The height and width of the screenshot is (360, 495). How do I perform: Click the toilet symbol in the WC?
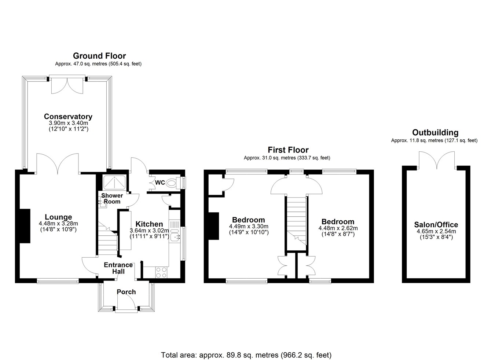[173, 183]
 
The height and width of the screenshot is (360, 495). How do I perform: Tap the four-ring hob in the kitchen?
[161, 272]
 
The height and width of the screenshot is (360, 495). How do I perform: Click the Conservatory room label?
[68, 117]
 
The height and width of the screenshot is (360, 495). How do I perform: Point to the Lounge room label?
[58, 217]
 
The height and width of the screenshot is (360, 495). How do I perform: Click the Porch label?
[126, 292]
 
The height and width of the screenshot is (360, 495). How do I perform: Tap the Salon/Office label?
[436, 224]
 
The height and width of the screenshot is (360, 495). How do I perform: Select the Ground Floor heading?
[99, 56]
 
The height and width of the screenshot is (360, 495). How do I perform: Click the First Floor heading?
[288, 150]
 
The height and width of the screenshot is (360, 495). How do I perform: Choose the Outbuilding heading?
[435, 132]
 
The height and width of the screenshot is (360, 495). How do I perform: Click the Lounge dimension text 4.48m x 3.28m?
[58, 223]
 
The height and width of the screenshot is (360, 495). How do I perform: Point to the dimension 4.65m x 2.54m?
[436, 231]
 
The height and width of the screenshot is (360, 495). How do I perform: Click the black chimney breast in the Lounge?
[25, 226]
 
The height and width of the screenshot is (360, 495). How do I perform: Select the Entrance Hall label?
[118, 268]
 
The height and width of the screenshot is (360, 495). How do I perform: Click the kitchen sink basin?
[175, 237]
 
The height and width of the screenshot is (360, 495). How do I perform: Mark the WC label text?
[160, 183]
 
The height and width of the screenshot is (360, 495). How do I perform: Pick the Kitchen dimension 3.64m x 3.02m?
[149, 231]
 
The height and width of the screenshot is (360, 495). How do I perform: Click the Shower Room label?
[112, 198]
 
